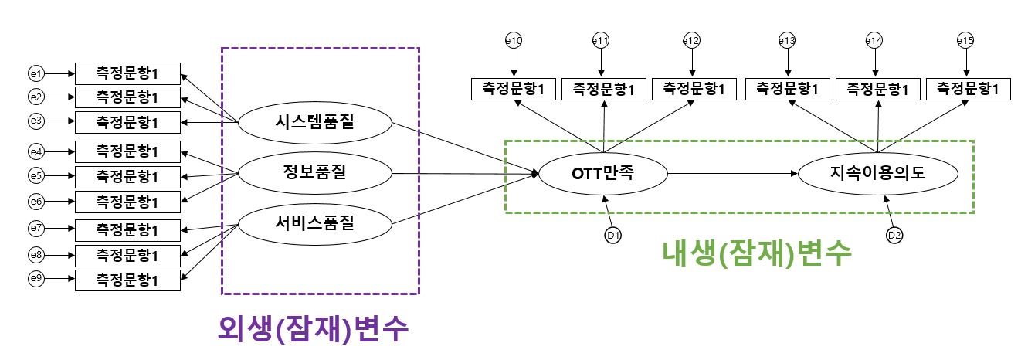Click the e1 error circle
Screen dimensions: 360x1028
click(35, 74)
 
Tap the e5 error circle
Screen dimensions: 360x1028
click(35, 176)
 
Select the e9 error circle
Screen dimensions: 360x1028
click(35, 279)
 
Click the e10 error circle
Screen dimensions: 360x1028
click(513, 39)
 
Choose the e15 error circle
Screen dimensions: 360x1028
click(965, 39)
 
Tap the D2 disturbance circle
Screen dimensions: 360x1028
click(894, 235)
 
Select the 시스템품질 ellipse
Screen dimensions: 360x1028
click(314, 122)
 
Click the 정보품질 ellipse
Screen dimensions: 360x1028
click(314, 174)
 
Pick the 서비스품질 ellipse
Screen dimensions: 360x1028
click(314, 225)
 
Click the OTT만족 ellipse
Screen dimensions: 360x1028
click(603, 175)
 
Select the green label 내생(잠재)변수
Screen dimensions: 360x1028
click(757, 253)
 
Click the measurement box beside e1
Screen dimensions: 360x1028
click(127, 73)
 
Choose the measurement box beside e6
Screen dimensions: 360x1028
click(127, 202)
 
